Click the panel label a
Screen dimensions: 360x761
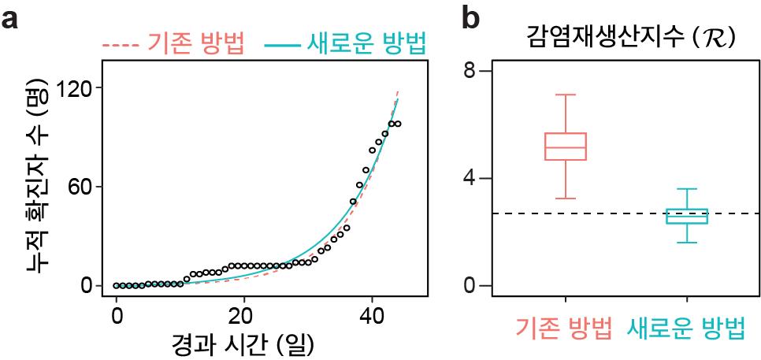10,19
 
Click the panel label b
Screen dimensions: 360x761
470,19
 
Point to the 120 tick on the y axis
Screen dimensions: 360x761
75,88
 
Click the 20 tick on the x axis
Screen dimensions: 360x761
243,316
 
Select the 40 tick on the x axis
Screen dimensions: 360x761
371,316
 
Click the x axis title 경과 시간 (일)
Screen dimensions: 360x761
242,343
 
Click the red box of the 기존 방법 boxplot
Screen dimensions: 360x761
566,147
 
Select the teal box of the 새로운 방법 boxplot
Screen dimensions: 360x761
687,216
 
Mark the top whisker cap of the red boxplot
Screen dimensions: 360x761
566,95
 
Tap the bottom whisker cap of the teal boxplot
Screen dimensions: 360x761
687,242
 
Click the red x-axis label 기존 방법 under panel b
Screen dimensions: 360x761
564,328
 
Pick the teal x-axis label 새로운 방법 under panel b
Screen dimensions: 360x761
686,328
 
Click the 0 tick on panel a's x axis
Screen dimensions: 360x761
116,316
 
